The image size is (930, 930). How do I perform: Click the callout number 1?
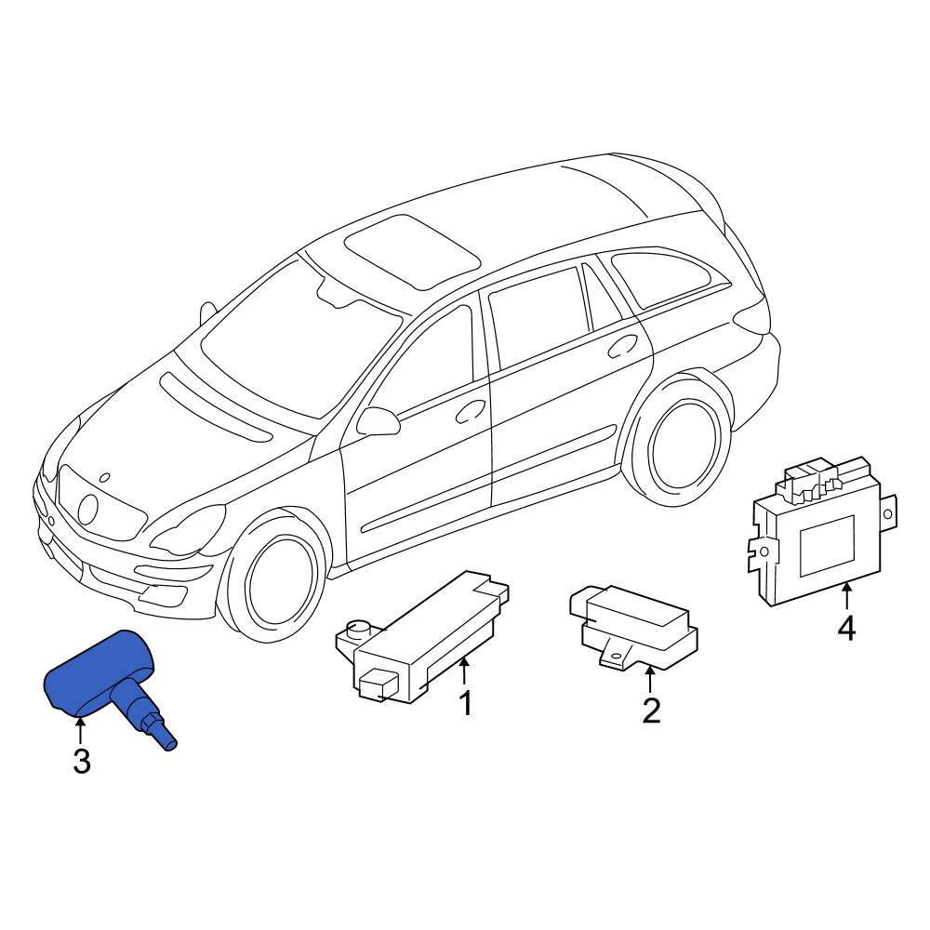(x=466, y=703)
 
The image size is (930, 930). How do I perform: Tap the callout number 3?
(x=82, y=761)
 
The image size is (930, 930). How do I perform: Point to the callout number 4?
(x=846, y=629)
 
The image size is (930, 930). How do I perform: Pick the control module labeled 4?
(x=821, y=531)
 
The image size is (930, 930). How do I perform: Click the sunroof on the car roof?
(x=412, y=251)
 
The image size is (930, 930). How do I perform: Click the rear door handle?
(x=623, y=346)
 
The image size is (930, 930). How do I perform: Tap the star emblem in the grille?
(x=87, y=509)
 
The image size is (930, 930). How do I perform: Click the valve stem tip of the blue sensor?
(x=169, y=744)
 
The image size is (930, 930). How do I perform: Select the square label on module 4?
(x=827, y=546)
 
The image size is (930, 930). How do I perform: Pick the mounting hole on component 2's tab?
(x=617, y=656)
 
